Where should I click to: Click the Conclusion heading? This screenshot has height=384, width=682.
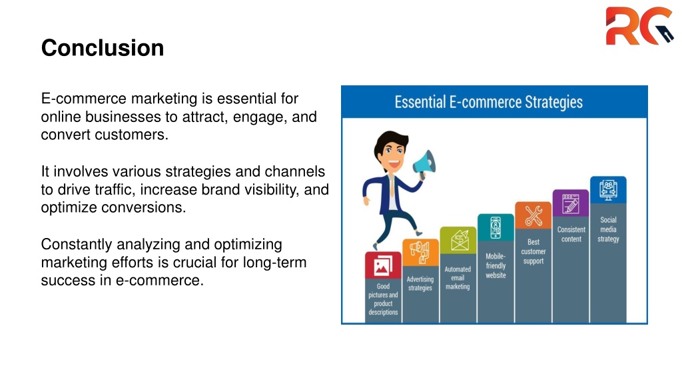coord(102,47)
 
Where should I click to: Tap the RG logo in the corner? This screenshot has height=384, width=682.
coord(639,26)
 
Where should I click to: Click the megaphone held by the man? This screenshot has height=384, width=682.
coord(424,164)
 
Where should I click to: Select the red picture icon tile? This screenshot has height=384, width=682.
coord(383,265)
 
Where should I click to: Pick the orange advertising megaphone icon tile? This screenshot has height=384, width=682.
coord(420,252)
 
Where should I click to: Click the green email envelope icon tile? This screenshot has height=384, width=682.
coord(458,240)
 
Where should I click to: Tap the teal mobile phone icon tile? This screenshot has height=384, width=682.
coord(496,227)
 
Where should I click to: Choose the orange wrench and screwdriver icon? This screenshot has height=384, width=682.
coord(533,215)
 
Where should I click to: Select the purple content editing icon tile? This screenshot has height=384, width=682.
coord(571,203)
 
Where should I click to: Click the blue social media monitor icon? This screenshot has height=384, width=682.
coord(608,190)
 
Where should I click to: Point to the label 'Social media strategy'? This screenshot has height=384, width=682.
coord(608,229)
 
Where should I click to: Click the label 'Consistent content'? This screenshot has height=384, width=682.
coord(571,234)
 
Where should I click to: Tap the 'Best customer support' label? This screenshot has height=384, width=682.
coord(533,251)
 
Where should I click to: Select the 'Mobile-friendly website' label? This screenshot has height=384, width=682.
coord(496,265)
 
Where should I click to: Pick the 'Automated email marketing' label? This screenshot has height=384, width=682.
coord(458,278)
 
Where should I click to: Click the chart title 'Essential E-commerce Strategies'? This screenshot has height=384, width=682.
coord(488,102)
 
